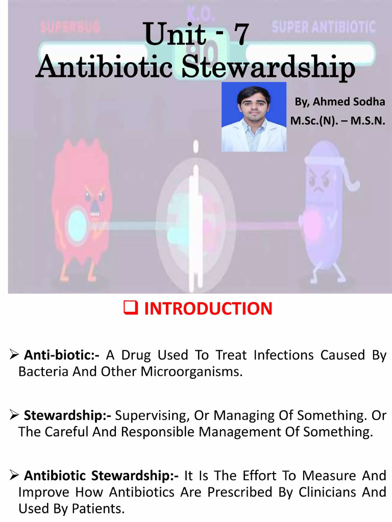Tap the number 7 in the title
240,36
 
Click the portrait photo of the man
254,117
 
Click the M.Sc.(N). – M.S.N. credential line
337,121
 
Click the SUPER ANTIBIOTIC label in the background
324,26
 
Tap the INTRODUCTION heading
208,308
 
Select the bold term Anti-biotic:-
62,355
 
